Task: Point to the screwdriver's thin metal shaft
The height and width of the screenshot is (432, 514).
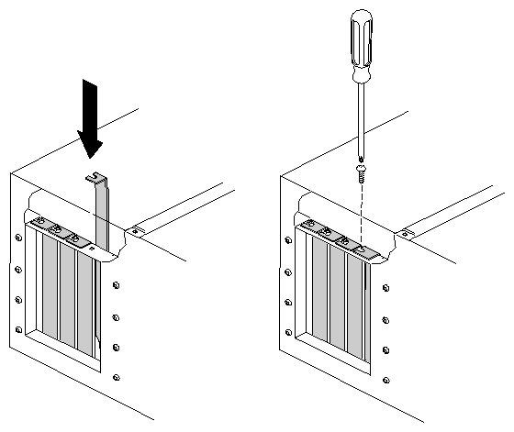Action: coord(361,119)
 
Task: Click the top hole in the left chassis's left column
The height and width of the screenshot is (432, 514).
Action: coord(18,238)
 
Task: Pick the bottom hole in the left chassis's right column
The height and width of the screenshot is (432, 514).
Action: coord(116,375)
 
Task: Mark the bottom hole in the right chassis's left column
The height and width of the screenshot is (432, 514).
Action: coord(290,331)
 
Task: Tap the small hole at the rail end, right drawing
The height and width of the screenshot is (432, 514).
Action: coord(408,235)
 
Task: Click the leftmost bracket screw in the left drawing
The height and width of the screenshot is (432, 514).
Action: coord(39,223)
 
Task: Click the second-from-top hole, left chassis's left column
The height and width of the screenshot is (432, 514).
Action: coord(18,269)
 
